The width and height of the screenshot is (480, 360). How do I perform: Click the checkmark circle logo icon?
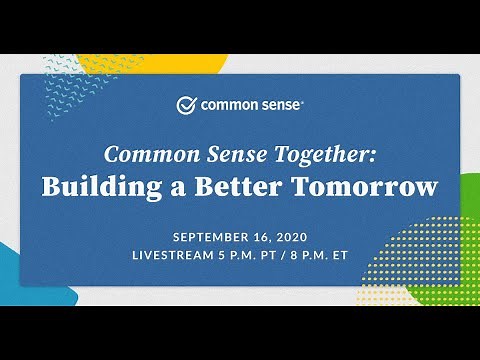(186, 105)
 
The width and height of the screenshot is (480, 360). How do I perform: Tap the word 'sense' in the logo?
(276, 105)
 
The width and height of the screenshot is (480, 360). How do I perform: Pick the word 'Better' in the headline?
(246, 187)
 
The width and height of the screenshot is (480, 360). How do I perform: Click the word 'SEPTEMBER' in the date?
(213, 237)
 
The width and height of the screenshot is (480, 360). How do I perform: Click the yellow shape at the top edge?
(150, 63)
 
